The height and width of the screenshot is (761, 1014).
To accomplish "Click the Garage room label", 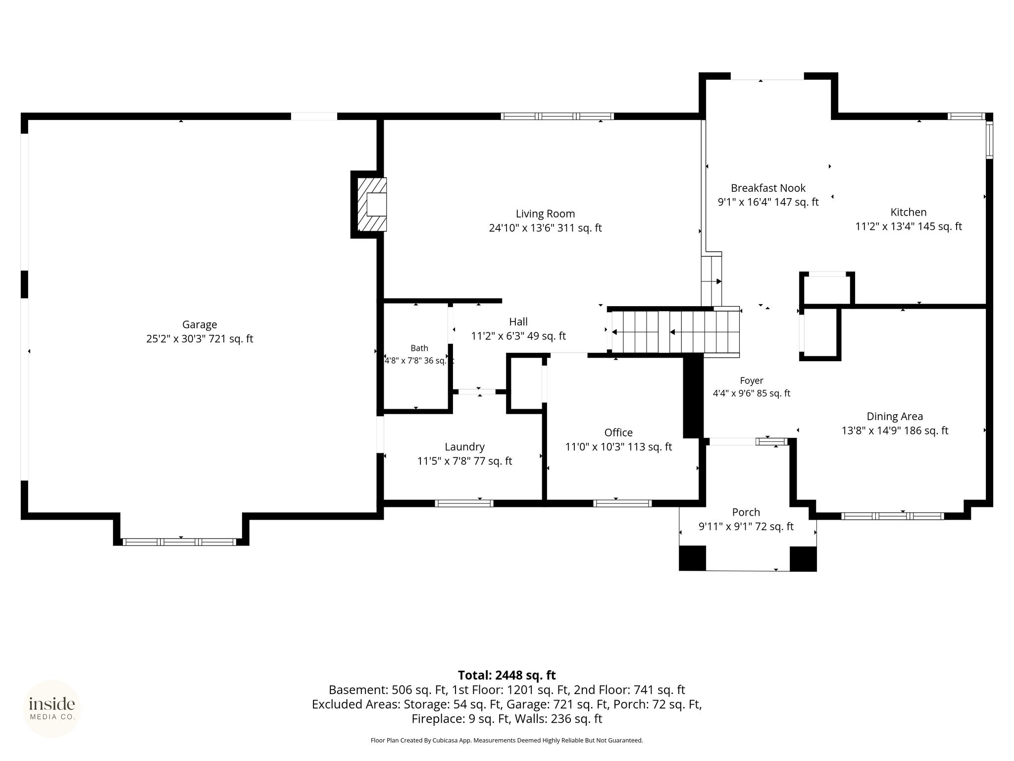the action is (200, 325).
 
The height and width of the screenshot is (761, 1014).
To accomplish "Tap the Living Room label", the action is (545, 214).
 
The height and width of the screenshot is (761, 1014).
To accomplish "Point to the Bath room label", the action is (419, 348).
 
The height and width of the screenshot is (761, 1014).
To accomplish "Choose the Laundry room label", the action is (464, 447).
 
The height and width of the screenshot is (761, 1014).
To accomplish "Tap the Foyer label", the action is (752, 380).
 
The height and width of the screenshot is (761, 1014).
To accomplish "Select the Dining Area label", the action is (895, 416).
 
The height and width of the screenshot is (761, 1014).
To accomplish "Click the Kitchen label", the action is (909, 212).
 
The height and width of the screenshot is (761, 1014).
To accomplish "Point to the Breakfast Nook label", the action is (768, 188).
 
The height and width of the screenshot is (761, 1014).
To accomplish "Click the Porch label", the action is (746, 512).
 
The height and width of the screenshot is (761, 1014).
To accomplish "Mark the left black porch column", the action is (692, 558).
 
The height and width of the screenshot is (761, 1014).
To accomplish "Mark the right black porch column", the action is (803, 558).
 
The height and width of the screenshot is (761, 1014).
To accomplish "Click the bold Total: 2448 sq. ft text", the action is (507, 675).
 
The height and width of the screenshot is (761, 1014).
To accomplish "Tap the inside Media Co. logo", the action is (52, 708).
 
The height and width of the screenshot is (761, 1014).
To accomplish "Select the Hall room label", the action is (518, 322).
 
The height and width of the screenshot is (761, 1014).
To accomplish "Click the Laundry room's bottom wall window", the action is (464, 503).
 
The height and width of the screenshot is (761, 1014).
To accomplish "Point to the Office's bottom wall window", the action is (622, 503).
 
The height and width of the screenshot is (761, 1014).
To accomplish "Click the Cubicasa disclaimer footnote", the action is (507, 740).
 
